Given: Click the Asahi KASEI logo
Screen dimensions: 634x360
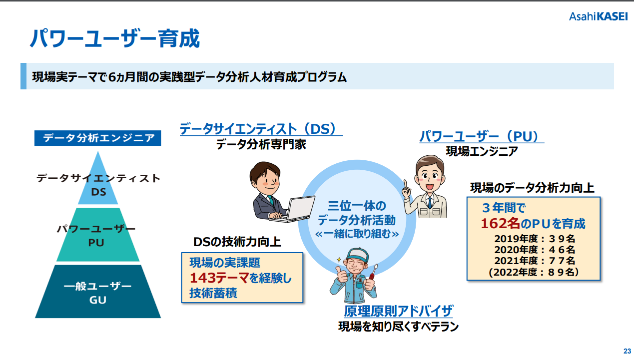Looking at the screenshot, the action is coord(599,16).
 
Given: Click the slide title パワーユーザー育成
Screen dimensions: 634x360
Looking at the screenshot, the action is coord(115,38).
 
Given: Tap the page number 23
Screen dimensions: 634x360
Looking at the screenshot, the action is coord(627,351).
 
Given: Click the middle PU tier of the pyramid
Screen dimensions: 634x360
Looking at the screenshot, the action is coord(98,235).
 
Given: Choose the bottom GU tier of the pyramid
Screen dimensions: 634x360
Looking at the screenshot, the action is coord(98,291).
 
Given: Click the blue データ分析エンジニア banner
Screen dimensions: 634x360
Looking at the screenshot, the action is coord(97,138).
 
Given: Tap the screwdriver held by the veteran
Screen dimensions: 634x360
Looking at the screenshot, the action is coord(373,272).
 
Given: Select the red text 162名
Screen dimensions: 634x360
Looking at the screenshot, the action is coord(500,223).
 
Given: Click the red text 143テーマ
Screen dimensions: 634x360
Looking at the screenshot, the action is coord(219,278).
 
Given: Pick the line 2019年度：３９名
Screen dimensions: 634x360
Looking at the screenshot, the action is coord(535,239).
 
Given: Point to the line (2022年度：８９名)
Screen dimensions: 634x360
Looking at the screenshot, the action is coord(534,272).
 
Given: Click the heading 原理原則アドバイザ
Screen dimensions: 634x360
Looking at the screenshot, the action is coord(398,311).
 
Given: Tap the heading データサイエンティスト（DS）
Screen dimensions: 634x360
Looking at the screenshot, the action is coord(261,129).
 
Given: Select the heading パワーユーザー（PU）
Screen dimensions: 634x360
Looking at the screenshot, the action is coord(482,136).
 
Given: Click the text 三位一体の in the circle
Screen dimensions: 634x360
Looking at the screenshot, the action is coord(357,206).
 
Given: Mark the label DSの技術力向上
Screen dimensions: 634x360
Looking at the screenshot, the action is coord(237,242).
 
